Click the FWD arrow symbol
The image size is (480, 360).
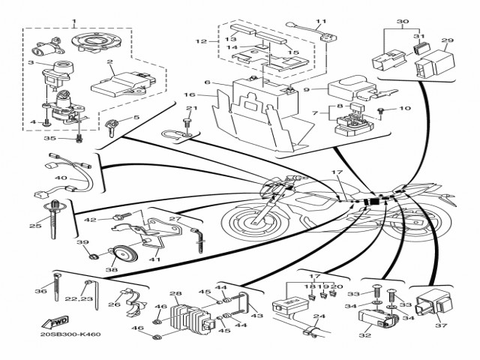[x=58, y=322]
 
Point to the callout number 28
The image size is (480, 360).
[x=176, y=295]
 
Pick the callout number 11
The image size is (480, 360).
[x=320, y=22]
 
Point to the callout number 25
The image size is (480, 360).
[x=35, y=225]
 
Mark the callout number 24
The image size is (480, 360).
[x=318, y=317]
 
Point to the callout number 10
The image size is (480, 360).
[x=405, y=109]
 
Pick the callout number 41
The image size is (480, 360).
[x=155, y=259]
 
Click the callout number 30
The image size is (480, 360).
[x=403, y=22]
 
